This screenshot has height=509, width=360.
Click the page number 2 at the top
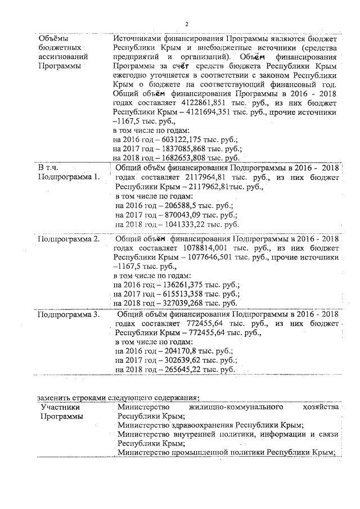click(186, 23)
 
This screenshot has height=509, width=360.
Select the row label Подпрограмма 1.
click(68, 177)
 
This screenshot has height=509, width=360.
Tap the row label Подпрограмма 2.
click(68, 239)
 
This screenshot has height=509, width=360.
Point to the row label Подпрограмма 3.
click(68, 314)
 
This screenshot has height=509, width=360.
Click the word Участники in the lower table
click(58, 407)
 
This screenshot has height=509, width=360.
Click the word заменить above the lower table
click(52, 398)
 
